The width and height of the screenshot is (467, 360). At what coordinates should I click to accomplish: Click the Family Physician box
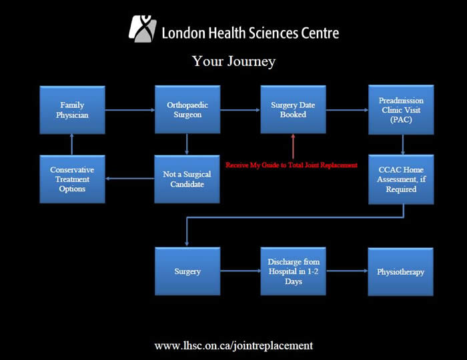point(72,110)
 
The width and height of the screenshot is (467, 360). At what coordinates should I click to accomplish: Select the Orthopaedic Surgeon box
point(187,109)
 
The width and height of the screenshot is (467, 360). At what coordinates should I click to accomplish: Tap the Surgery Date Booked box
point(293,109)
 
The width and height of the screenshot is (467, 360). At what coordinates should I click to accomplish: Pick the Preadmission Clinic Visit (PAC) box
point(401,110)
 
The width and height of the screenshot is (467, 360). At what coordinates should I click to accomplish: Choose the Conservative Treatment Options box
point(72,179)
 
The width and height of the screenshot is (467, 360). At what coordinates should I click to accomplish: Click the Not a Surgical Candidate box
point(187,179)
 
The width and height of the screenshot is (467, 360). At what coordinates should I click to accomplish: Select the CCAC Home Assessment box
point(401,179)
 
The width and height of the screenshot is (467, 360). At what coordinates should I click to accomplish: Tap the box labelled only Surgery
point(187,271)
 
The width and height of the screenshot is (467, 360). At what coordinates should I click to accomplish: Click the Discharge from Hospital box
point(293,271)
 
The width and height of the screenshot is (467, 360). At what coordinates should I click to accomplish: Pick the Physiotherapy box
point(400,271)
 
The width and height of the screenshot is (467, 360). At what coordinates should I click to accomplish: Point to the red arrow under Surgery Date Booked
point(293,147)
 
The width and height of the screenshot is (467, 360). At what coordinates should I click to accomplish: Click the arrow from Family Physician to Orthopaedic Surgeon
point(130,110)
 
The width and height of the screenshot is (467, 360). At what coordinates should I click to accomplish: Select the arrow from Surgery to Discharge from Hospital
point(240,271)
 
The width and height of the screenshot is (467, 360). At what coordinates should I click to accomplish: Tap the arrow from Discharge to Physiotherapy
point(347,271)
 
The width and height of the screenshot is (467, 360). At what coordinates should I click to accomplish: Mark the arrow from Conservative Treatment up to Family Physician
point(72,145)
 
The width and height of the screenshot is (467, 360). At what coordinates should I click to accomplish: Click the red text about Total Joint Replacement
point(292,165)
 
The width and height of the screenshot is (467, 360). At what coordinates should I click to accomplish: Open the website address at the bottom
point(233,346)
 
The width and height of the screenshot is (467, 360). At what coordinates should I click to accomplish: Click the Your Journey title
point(233,61)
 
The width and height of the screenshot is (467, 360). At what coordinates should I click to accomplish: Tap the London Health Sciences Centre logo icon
point(143,29)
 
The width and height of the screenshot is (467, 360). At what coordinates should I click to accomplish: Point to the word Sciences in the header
point(274,33)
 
